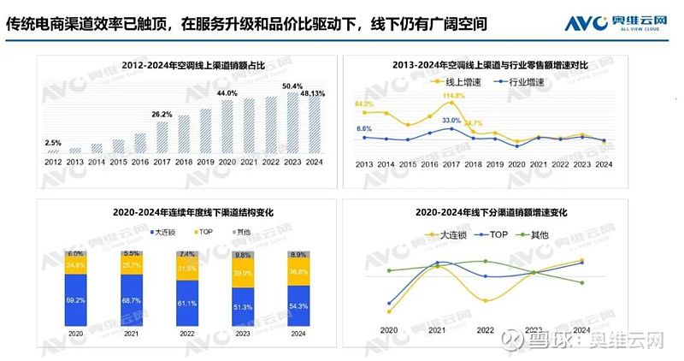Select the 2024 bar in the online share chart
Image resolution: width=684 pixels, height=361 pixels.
click(x=315, y=127)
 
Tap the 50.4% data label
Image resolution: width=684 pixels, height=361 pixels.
click(x=292, y=86)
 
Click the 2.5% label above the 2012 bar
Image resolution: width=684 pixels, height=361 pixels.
click(x=53, y=143)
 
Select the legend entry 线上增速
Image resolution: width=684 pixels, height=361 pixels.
click(x=461, y=81)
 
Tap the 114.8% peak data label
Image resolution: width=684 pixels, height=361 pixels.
click(x=454, y=97)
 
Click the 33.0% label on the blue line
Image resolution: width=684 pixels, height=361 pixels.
click(x=451, y=121)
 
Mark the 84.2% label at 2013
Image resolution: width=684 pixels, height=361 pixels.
click(x=364, y=104)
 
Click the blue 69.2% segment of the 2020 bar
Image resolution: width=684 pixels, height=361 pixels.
click(x=76, y=301)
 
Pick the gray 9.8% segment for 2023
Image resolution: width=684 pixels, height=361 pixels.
click(x=243, y=256)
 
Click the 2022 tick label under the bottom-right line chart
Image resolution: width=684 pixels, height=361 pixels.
click(x=486, y=331)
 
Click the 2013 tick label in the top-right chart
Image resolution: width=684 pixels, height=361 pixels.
click(x=364, y=163)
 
